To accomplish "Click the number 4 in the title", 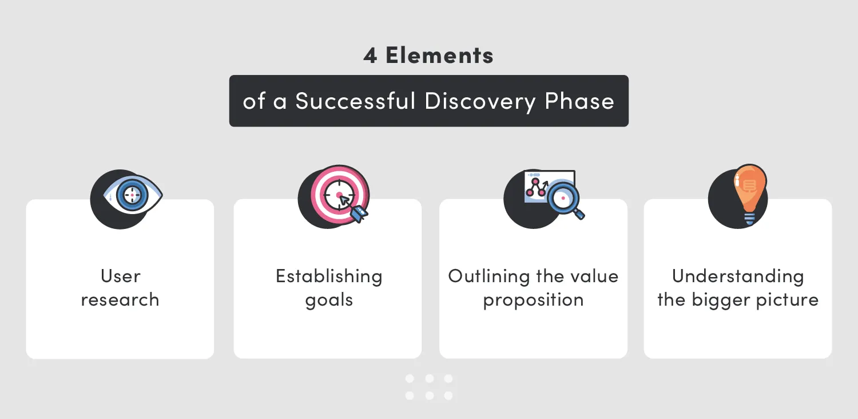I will click(370, 56).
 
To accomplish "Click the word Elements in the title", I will click(439, 56).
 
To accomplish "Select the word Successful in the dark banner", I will click(355, 101).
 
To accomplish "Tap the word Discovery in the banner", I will click(480, 101).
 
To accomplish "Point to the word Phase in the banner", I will click(579, 101).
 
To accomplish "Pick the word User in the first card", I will click(120, 276).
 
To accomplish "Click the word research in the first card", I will click(120, 300).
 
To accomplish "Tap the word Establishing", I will click(329, 276).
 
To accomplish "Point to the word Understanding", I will click(738, 276).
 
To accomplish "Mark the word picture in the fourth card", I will click(786, 300).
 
